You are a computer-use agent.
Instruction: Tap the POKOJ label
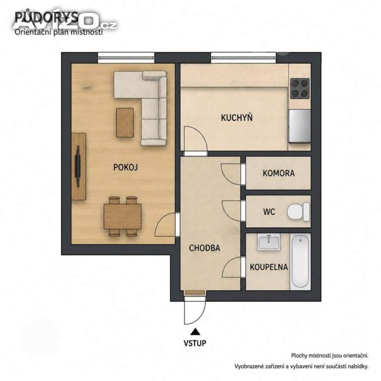click(126, 167)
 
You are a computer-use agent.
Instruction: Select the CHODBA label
click(204, 248)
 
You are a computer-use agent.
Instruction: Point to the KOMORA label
click(279, 173)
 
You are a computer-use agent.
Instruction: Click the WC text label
click(269, 212)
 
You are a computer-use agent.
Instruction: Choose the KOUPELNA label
click(269, 267)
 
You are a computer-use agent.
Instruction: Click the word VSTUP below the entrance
click(195, 343)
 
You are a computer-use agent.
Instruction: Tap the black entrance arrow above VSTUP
click(195, 332)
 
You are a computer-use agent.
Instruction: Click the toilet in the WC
click(298, 212)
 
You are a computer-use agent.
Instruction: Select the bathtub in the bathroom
click(300, 261)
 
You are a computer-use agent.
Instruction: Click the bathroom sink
click(269, 242)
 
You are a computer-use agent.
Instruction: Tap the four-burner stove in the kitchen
click(300, 88)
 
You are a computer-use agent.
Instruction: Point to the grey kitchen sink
click(300, 126)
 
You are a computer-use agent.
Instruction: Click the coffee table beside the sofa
click(125, 123)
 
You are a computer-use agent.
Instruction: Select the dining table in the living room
click(123, 216)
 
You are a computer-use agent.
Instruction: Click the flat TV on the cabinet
click(78, 166)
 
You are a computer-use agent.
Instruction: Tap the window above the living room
click(126, 58)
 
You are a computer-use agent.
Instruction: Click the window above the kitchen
click(244, 58)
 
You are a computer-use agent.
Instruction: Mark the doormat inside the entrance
click(195, 293)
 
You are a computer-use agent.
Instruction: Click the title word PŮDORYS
click(46, 17)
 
